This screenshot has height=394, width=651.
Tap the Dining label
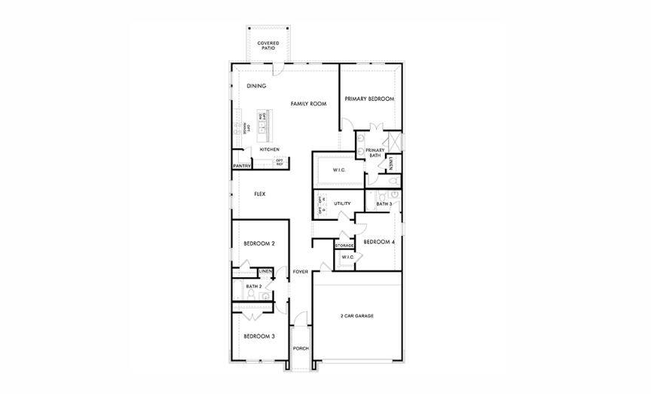(x=255, y=86)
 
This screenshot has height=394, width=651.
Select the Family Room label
(x=308, y=103)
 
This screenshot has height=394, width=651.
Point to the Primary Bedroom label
(x=369, y=99)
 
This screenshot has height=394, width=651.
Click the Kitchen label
(x=269, y=149)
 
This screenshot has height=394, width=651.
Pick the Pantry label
(x=241, y=166)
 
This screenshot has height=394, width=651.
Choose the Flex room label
(x=259, y=194)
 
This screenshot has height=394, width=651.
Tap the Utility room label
(x=342, y=203)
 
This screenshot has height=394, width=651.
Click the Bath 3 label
(x=384, y=203)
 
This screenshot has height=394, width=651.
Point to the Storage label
(x=344, y=246)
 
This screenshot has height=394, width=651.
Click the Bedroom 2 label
(x=258, y=243)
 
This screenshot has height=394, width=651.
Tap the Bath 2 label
(x=253, y=286)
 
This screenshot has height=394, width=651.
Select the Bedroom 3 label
(x=258, y=336)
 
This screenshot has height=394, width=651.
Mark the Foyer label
(x=301, y=271)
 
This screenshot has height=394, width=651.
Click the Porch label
(x=301, y=348)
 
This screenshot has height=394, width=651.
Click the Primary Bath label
(x=374, y=153)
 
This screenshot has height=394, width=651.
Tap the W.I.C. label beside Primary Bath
(x=338, y=170)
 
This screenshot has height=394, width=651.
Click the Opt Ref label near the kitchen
(x=279, y=162)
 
